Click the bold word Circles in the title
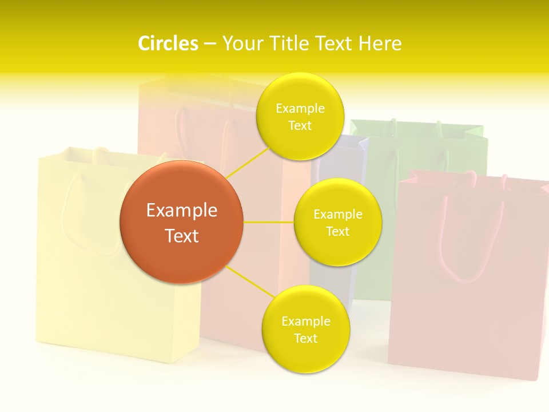(168, 43)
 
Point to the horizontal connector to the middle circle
(268, 222)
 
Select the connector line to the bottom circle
(250, 281)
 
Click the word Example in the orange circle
(181, 211)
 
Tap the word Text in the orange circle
(181, 236)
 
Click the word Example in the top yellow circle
(300, 108)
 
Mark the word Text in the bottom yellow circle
(305, 338)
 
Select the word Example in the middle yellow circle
(337, 214)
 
